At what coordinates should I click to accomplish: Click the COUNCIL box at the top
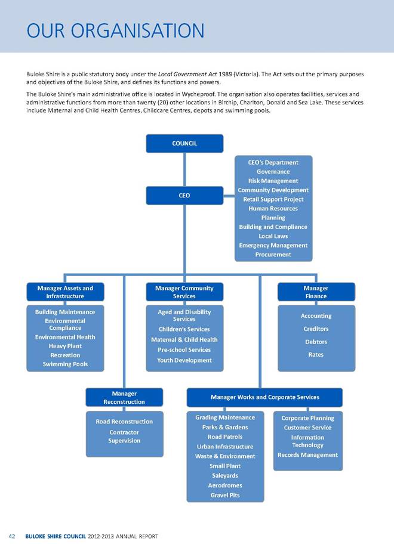[x=184, y=143]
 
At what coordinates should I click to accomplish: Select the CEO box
[x=184, y=195]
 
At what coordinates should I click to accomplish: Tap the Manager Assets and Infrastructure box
[x=65, y=292]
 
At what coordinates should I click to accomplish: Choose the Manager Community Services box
[x=184, y=292]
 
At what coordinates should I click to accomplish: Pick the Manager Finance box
[x=316, y=292]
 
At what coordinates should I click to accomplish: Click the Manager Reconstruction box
[x=124, y=397]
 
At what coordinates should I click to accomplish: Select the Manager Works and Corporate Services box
[x=264, y=397]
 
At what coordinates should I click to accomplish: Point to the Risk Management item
[x=273, y=181]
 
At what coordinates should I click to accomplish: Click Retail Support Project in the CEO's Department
[x=273, y=199]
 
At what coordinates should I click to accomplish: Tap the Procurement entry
[x=273, y=255]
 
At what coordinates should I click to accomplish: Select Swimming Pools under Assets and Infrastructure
[x=65, y=364]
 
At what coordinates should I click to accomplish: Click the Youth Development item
[x=184, y=360]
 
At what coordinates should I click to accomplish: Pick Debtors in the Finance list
[x=316, y=342]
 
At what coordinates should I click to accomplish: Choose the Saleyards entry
[x=224, y=475]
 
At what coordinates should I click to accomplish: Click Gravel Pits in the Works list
[x=224, y=495]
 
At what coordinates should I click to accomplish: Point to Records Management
[x=307, y=455]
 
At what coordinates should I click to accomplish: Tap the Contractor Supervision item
[x=124, y=436]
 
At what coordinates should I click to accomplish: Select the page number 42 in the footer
[x=11, y=537]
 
